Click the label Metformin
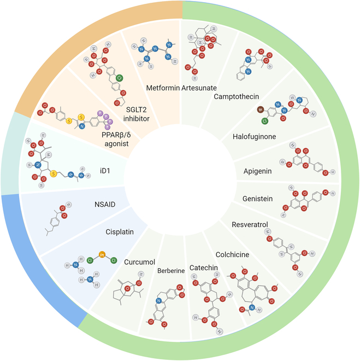162,88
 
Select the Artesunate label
199,88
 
